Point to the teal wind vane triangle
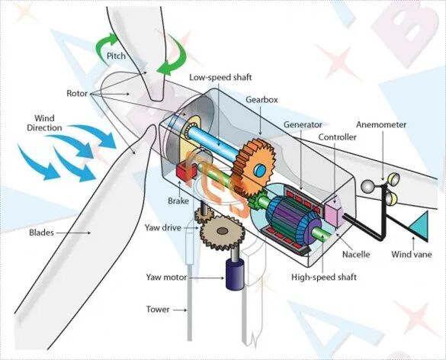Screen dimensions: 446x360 pos(419,225)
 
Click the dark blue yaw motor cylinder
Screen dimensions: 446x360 pos(235,275)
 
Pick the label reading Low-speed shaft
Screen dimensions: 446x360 pos(220,77)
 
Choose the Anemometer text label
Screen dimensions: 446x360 pos(381,124)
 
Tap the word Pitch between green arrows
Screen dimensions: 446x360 pos(116,56)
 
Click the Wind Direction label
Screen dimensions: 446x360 pos(44,123)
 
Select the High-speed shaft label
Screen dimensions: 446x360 pos(324,277)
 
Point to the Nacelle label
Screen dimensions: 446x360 pos(356,254)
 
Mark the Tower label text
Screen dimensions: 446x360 pos(158,310)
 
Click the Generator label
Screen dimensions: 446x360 pos(303,124)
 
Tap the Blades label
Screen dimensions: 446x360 pos(41,233)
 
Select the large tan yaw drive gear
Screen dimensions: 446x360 pos(223,232)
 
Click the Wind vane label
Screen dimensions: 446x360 pos(411,254)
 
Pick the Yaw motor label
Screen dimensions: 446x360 pos(166,277)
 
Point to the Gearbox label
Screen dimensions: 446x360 pos(262,100)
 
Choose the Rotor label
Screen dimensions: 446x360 pos(77,93)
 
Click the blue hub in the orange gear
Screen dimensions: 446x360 pos(261,171)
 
